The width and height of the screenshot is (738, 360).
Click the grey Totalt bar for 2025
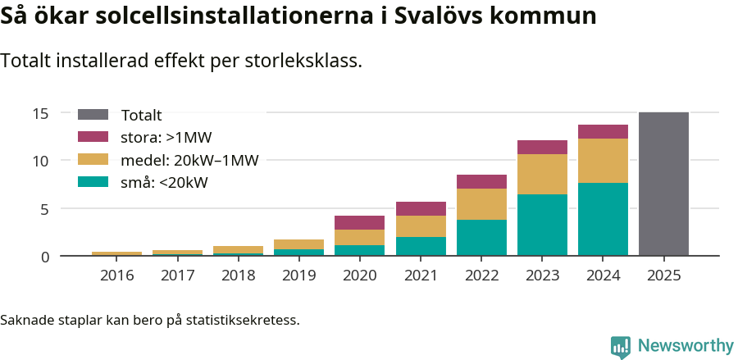pyautogui.click(x=663, y=184)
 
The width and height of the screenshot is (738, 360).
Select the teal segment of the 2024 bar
pyautogui.click(x=603, y=219)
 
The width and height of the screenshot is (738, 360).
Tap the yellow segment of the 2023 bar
pyautogui.click(x=542, y=174)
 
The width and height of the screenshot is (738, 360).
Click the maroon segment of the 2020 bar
pyautogui.click(x=359, y=222)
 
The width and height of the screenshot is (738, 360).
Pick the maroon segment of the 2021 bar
pyautogui.click(x=421, y=208)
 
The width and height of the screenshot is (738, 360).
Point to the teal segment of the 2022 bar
pyautogui.click(x=481, y=238)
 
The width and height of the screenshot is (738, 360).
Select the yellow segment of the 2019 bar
pyautogui.click(x=298, y=244)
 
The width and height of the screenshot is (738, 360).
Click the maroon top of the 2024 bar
pyautogui.click(x=603, y=131)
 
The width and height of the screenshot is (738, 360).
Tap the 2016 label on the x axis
pyautogui.click(x=116, y=275)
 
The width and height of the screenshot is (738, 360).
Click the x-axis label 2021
pyautogui.click(x=421, y=275)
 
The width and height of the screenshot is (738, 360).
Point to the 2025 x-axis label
pyautogui.click(x=663, y=275)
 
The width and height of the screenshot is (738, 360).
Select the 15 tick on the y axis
pyautogui.click(x=41, y=113)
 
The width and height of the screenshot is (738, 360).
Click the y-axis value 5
pyautogui.click(x=45, y=208)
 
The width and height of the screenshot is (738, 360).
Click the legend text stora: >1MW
pyautogui.click(x=166, y=138)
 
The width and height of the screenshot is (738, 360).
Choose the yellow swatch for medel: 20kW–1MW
pyautogui.click(x=93, y=160)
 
